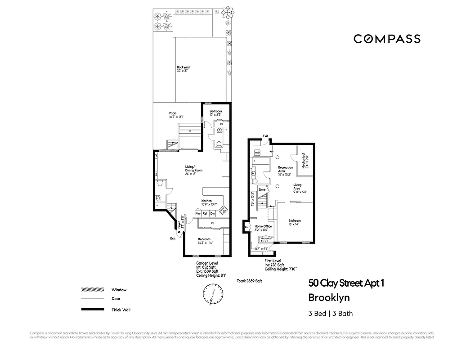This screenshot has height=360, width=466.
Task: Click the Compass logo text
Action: click(x=387, y=39)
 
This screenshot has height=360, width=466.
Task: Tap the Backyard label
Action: click(x=183, y=69)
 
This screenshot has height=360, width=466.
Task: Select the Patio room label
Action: click(x=173, y=115)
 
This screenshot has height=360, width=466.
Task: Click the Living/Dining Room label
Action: click(x=194, y=170)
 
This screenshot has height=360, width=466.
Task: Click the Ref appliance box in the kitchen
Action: click(x=205, y=213)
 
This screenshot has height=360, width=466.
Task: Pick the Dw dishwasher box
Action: click(x=212, y=213)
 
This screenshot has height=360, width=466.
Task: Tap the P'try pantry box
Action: click(x=197, y=213)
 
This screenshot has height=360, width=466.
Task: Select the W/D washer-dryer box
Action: click(x=257, y=153)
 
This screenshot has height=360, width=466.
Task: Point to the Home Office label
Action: click(x=263, y=228)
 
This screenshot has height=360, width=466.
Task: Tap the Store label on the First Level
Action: click(x=262, y=190)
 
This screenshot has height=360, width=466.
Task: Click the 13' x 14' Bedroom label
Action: click(x=295, y=222)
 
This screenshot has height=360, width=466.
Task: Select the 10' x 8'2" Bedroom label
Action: click(x=215, y=112)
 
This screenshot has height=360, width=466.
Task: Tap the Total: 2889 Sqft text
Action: click(x=249, y=281)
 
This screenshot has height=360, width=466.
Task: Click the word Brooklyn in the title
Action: click(x=329, y=297)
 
